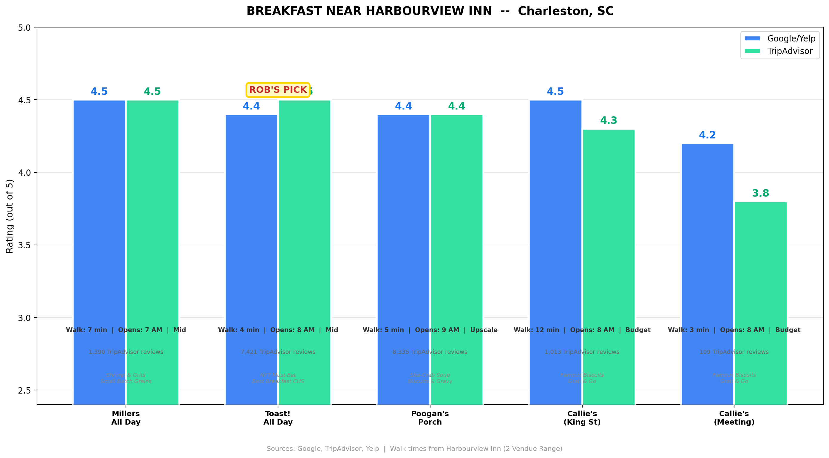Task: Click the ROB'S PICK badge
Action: [278, 90]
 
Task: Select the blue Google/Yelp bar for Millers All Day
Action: [99, 225]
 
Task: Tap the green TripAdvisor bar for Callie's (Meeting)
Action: [760, 290]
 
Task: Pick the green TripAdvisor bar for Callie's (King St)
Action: [609, 257]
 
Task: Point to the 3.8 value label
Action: [760, 193]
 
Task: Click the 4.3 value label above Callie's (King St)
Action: [609, 120]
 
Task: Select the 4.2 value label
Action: [707, 135]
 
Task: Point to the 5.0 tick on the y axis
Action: [24, 28]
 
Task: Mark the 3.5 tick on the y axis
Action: [24, 245]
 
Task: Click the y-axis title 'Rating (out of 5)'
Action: [10, 216]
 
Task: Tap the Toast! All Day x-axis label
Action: [278, 418]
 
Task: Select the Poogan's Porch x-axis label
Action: [430, 418]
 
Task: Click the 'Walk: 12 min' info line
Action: [582, 330]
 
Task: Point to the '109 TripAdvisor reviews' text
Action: [734, 352]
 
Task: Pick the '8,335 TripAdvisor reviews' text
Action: [430, 352]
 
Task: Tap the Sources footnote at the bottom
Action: [415, 449]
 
